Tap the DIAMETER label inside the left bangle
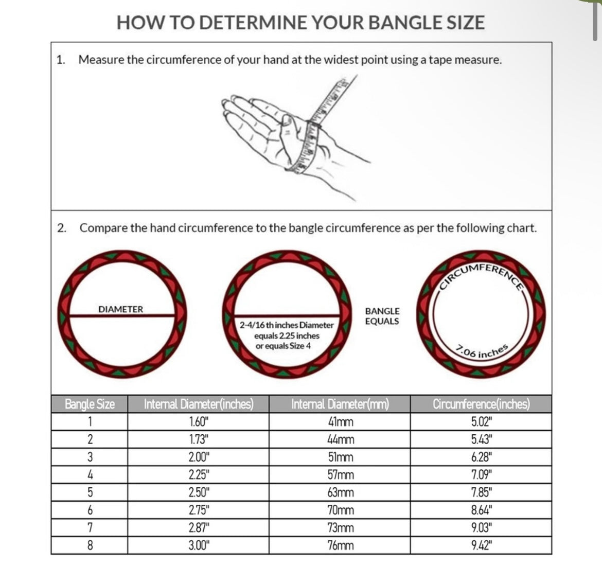(x=121, y=309)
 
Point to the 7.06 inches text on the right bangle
(x=483, y=351)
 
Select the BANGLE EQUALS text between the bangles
(x=382, y=316)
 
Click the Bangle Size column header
(x=90, y=404)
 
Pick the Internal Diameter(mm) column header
(x=340, y=404)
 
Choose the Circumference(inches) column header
(x=481, y=404)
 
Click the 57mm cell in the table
(x=340, y=474)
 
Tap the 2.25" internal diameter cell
(x=198, y=474)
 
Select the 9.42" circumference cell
(x=482, y=545)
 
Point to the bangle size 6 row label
(x=90, y=510)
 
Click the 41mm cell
(x=340, y=422)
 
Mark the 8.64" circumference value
(x=482, y=510)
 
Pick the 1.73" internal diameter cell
(x=198, y=439)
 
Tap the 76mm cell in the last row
(x=340, y=545)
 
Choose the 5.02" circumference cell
(x=482, y=422)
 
